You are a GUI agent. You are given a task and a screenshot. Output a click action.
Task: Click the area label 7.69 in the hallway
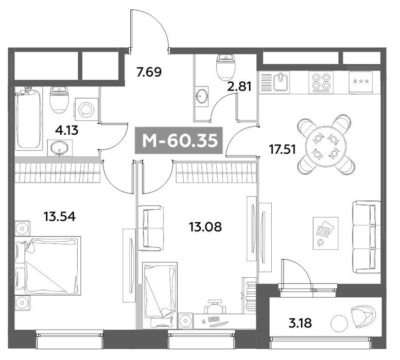point(149,72)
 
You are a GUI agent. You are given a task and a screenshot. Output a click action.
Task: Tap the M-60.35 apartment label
point(180,140)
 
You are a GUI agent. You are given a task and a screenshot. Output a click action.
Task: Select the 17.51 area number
point(283,149)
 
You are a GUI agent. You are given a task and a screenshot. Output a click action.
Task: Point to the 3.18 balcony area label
point(300,323)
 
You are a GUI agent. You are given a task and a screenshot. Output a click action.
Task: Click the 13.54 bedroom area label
point(60,217)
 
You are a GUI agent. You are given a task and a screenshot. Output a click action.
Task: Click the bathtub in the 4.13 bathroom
point(29,118)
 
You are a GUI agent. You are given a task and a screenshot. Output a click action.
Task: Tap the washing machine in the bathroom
point(86,110)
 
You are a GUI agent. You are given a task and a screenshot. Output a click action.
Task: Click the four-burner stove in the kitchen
point(321,82)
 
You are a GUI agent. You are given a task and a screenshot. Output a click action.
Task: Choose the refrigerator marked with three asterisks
point(361,82)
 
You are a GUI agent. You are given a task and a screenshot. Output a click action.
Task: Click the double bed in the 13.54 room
point(48,265)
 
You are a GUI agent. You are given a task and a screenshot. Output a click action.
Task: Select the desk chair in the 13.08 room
point(215,306)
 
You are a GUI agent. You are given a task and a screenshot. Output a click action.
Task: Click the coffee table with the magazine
point(326,233)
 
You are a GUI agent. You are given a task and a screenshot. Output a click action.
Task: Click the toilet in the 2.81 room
point(225,66)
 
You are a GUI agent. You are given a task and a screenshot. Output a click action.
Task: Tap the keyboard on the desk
point(214,319)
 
